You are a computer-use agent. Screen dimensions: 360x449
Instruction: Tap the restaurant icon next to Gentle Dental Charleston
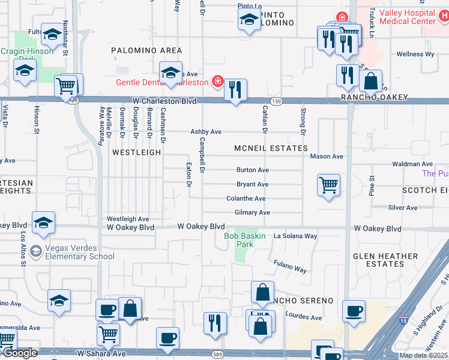(x=235, y=89)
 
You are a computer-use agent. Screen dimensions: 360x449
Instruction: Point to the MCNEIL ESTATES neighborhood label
(x=271, y=148)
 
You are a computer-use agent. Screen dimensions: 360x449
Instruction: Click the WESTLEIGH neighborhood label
(x=137, y=152)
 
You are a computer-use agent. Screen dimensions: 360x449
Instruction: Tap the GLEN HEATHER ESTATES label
(x=385, y=260)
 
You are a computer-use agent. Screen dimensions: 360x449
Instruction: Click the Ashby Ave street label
(x=206, y=131)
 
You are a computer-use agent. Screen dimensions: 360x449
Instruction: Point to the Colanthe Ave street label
(x=246, y=199)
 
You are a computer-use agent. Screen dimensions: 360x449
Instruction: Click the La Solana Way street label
(x=295, y=236)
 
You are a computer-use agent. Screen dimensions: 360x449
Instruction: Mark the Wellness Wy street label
(x=415, y=54)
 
